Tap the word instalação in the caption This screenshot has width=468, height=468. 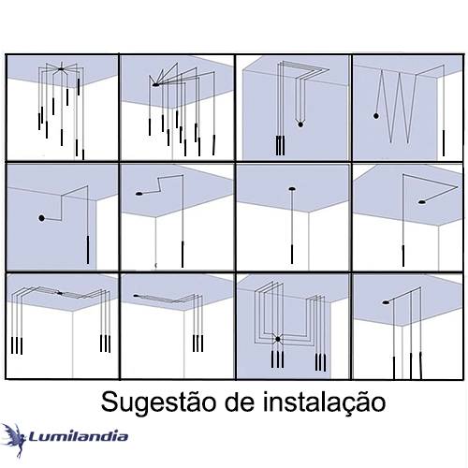323,402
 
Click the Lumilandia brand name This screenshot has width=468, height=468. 79,436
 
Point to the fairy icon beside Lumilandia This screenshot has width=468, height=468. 13,439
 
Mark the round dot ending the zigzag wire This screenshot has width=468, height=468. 376,116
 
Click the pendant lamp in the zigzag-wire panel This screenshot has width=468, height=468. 444,143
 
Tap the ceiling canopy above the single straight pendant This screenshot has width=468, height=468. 292,189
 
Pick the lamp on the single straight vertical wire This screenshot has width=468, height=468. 292,254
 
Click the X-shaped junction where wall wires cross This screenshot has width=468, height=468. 277,339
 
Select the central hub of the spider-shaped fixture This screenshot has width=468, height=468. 61,68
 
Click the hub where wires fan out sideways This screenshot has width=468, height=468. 155,84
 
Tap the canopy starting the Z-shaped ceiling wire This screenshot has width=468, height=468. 139,194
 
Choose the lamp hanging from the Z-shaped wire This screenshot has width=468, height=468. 183,254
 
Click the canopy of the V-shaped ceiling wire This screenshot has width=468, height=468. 422,202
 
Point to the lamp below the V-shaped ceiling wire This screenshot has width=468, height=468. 403,256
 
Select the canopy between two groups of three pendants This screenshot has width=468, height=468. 60,293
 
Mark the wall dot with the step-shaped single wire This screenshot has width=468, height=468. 41,218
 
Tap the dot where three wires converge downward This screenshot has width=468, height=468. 300,124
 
